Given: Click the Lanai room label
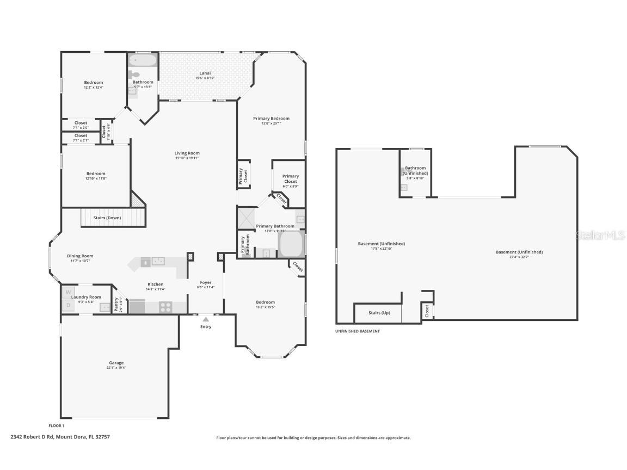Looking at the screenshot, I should pos(205,73).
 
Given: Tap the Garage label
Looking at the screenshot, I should pos(116,363).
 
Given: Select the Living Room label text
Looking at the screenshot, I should pos(187,153).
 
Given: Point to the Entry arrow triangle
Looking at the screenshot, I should pos(206,319).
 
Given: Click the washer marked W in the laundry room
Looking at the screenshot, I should pos(69,293).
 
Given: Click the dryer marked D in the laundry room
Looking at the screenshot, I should pos(69,306).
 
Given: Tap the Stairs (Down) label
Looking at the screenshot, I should pos(107,218).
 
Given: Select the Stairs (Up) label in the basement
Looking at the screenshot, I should pos(379,313).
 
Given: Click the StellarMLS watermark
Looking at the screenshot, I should pos(601,236).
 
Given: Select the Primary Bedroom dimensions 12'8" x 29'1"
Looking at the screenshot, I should pos(271,123).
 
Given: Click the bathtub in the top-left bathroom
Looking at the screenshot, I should pos(143,60).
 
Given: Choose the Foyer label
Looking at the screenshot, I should pos(206,282).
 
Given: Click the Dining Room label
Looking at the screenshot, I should pos(80,256).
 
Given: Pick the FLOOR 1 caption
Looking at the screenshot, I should pos(57,426).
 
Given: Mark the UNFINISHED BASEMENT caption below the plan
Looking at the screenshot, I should pos(358,331).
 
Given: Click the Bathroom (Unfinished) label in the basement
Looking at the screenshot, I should pos(415,171).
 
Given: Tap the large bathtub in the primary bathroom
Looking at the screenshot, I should pos(291,244).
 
